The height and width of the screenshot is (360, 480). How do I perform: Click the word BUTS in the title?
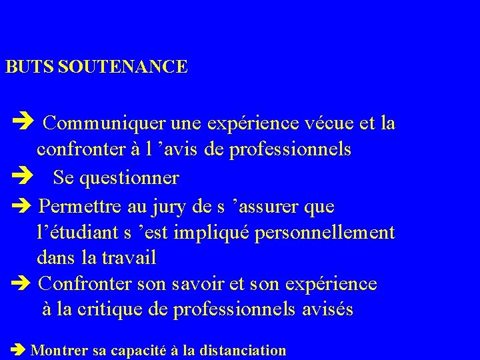[x=30, y=67]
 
